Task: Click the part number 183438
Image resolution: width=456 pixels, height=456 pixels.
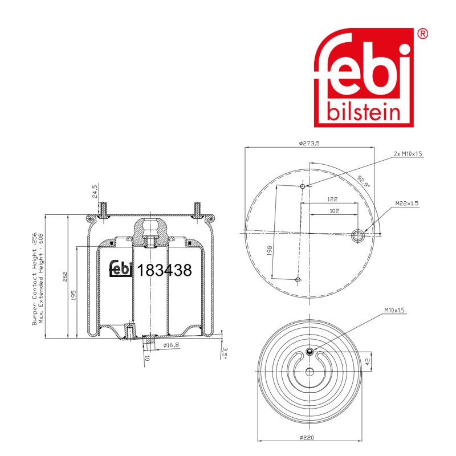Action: point(164,270)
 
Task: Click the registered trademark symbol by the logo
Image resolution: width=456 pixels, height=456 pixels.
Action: point(422,34)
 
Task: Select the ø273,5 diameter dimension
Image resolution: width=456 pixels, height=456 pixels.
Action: point(309,143)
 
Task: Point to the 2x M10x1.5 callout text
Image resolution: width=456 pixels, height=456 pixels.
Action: point(408,154)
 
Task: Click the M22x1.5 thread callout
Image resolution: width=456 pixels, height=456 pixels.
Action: point(407,203)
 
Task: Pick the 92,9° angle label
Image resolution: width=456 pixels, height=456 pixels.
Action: point(364,181)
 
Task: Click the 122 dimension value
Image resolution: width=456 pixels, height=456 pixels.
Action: point(332,199)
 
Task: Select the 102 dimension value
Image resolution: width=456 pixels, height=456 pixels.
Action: point(334,211)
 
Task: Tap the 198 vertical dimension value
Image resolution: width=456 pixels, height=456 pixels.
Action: point(269,250)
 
